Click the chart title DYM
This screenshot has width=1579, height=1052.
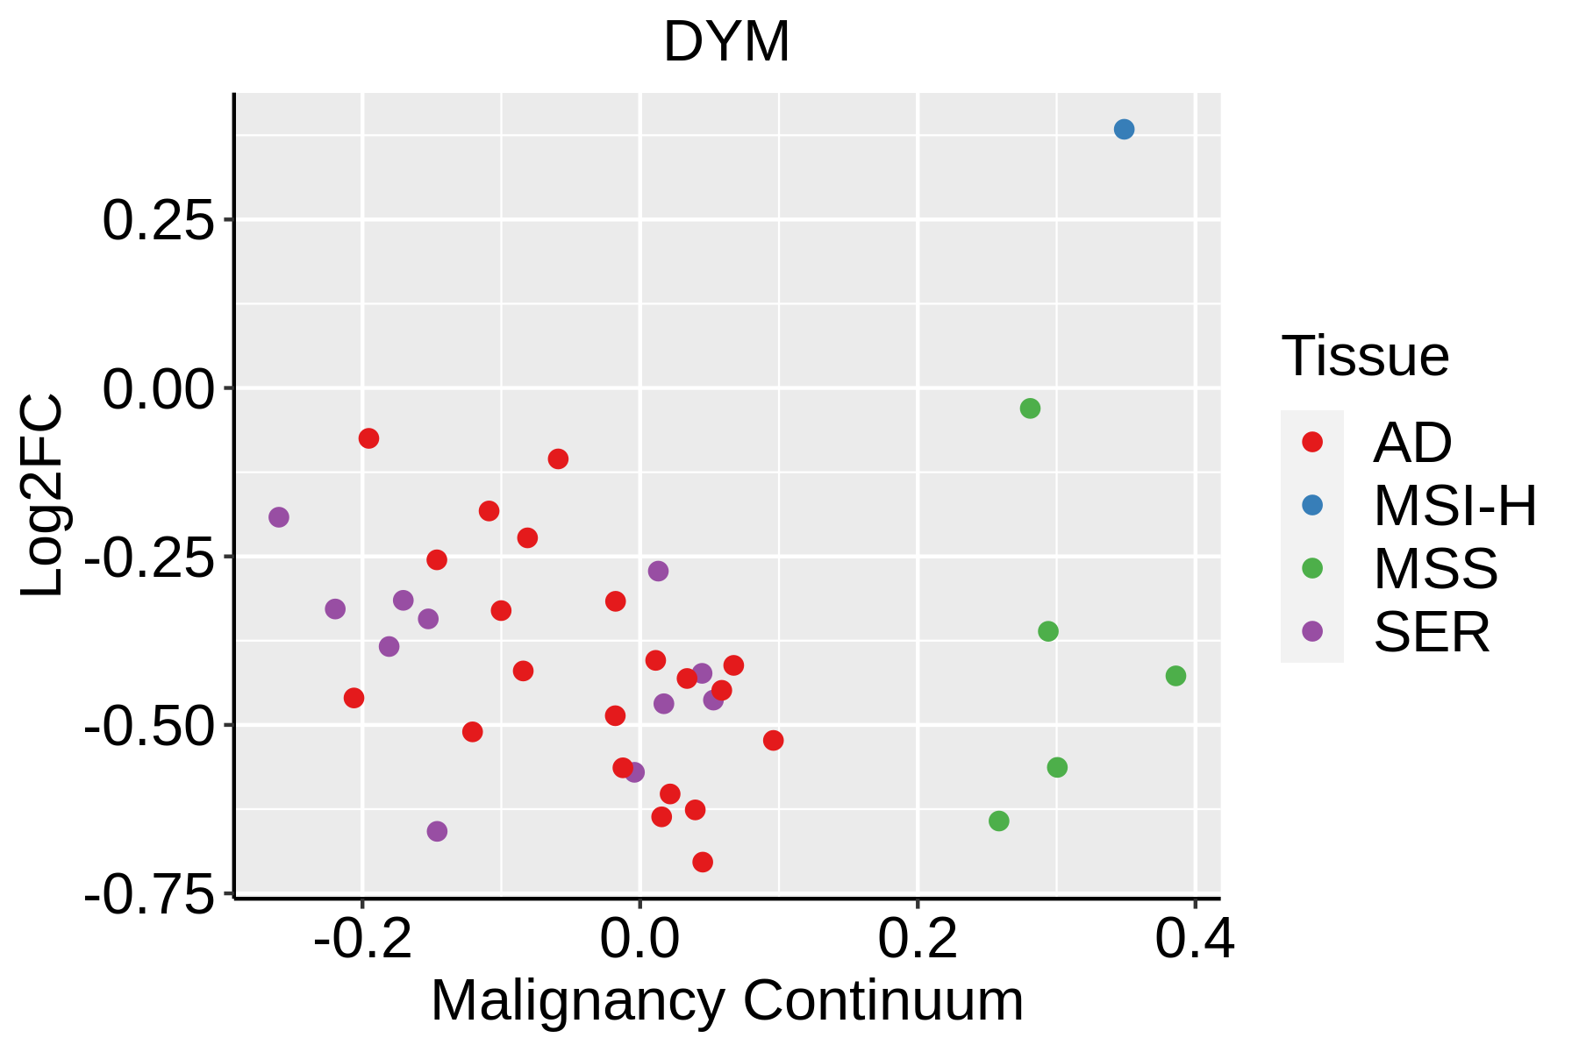coord(726,42)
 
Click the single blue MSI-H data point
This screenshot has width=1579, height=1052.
coord(1124,129)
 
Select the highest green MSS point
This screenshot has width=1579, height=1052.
coord(1030,409)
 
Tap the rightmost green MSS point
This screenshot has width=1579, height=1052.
coord(1175,676)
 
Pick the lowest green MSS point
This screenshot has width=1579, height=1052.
coord(998,821)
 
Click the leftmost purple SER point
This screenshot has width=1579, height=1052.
coord(279,517)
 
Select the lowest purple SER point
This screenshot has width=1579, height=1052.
coord(437,831)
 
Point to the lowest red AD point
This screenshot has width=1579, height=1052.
coord(703,863)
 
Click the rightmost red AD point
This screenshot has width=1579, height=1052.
coord(773,741)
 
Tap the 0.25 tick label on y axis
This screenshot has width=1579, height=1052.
coord(159,220)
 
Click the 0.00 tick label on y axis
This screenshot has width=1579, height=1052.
coord(159,388)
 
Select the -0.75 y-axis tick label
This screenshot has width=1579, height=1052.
coord(149,896)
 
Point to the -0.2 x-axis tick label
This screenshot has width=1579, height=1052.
coord(363,940)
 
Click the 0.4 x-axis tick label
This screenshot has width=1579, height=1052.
coord(1195,940)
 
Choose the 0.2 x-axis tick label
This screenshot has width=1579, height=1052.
coord(918,940)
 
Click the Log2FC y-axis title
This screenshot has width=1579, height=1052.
coord(42,495)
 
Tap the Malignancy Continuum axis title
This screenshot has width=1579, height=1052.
coord(727,1001)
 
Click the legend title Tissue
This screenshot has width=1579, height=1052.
coord(1365,356)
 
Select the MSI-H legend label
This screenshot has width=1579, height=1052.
coord(1455,506)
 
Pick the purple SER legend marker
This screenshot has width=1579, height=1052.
coord(1312,631)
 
